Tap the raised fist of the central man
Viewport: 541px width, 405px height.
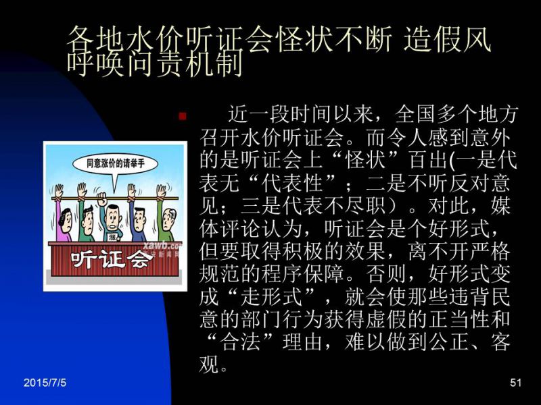point(102,199)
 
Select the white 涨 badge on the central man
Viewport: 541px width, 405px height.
point(112,237)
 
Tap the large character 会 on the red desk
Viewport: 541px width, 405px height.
point(137,259)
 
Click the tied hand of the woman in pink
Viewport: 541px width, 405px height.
point(58,192)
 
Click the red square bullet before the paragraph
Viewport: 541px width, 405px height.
point(182,116)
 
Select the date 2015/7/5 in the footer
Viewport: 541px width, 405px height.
point(45,382)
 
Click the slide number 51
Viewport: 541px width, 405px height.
point(515,382)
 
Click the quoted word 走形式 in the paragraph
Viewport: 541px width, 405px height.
point(272,296)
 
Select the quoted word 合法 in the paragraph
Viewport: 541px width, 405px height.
point(241,342)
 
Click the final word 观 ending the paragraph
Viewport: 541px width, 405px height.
point(209,364)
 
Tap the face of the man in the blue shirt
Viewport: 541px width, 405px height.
point(139,221)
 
